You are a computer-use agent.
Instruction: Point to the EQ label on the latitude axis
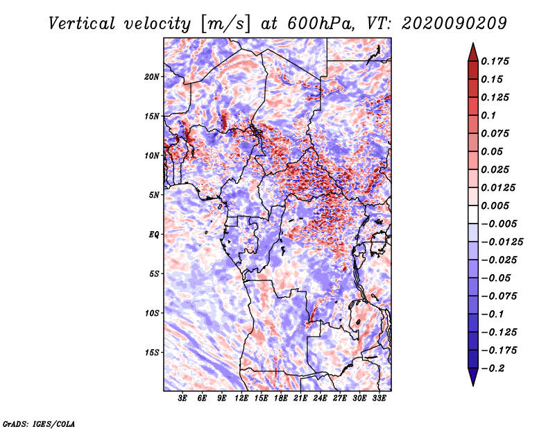(x=154, y=235)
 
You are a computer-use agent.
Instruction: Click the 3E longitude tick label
(x=183, y=398)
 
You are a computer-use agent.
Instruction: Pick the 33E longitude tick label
(x=379, y=398)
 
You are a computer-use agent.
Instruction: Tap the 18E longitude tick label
(x=281, y=398)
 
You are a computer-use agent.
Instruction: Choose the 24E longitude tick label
(x=321, y=398)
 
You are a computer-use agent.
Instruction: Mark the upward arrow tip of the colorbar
(x=472, y=44)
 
